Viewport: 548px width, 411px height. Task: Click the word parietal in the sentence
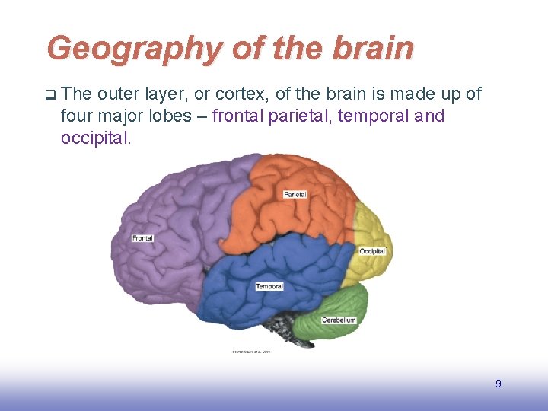point(296,116)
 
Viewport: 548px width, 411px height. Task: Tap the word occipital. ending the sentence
point(96,139)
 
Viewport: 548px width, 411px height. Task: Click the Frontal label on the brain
point(142,238)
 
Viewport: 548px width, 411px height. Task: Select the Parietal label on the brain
point(295,195)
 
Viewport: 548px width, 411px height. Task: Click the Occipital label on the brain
point(372,251)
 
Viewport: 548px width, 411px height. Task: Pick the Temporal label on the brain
point(269,286)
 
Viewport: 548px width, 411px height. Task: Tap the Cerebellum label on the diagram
point(339,320)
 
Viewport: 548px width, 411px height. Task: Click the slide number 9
point(499,384)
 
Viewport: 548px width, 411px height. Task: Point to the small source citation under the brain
point(250,352)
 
